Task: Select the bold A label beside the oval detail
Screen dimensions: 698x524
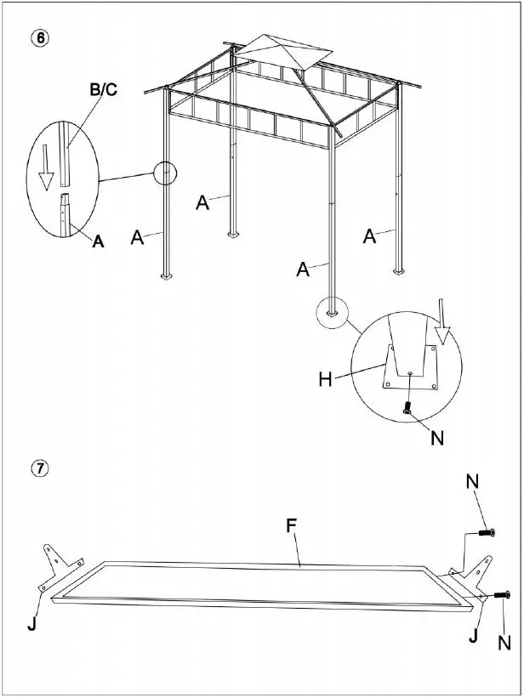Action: click(x=98, y=241)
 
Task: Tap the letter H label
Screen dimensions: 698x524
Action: click(x=325, y=379)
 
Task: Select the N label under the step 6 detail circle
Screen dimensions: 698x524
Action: click(x=437, y=439)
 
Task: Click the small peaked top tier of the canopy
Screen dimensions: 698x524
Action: click(x=280, y=52)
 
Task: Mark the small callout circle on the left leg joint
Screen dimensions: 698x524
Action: click(x=165, y=173)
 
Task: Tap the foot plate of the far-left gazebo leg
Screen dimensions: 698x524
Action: click(x=166, y=276)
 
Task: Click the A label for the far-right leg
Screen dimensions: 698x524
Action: click(x=369, y=236)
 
